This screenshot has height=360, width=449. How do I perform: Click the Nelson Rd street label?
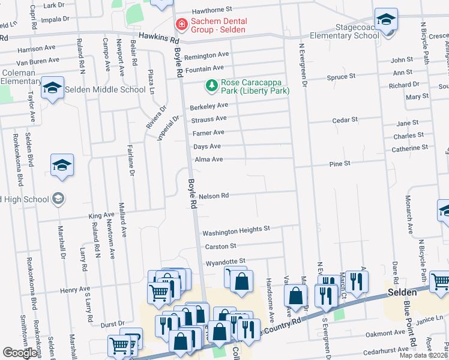tap(214, 196)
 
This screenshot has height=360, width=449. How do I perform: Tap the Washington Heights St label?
tap(236, 230)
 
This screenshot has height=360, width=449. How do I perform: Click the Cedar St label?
tap(345, 120)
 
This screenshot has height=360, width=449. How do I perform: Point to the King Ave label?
tap(101, 215)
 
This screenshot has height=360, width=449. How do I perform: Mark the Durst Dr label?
tap(113, 323)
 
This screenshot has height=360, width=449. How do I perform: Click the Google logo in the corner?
tap(19, 353)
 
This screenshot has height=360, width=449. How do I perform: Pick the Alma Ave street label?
tap(209, 160)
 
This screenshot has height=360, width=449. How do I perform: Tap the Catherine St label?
tap(410, 147)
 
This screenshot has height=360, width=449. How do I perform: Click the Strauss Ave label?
tap(208, 119)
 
